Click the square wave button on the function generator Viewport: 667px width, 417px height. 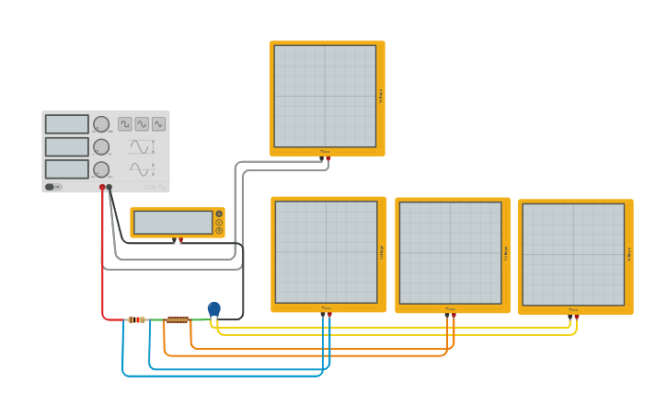click(x=124, y=124)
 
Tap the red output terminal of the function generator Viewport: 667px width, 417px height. click(x=102, y=187)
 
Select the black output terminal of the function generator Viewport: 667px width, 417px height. click(x=109, y=187)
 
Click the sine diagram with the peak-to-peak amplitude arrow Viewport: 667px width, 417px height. click(x=141, y=146)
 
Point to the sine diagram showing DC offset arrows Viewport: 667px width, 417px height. click(x=141, y=169)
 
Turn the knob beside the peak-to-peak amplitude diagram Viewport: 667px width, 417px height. click(x=101, y=147)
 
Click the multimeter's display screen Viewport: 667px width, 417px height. click(x=173, y=222)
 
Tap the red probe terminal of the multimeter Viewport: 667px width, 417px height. click(x=180, y=240)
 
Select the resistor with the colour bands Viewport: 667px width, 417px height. click(x=136, y=319)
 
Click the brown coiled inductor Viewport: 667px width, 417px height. click(x=178, y=319)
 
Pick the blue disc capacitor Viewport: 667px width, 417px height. click(x=214, y=308)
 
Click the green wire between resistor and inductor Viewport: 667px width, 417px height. click(x=155, y=319)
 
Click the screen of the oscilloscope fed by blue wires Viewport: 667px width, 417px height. click(x=326, y=251)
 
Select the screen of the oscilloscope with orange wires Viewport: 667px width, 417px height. click(x=450, y=252)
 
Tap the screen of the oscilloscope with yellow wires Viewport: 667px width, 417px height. click(x=573, y=254)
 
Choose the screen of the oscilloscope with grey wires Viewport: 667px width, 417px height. click(x=325, y=96)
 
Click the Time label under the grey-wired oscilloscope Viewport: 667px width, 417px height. click(x=325, y=152)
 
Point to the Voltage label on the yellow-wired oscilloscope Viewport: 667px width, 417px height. click(x=628, y=254)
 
